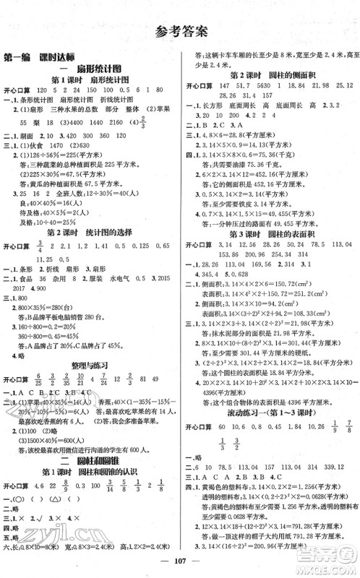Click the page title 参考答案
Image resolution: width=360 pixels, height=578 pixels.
click(179, 30)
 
